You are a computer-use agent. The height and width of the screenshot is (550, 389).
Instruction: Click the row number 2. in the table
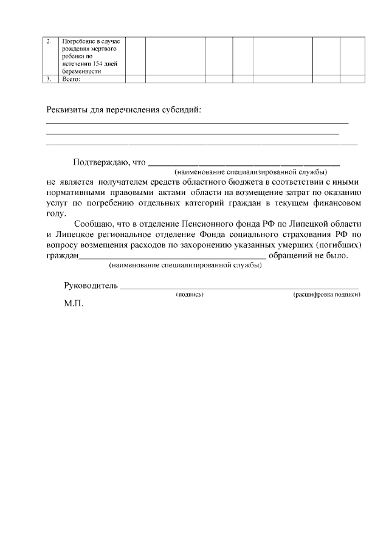tap(49, 41)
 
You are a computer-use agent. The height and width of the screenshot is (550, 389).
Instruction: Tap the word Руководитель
tap(91, 286)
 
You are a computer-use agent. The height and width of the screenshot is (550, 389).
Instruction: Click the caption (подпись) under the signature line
tap(189, 295)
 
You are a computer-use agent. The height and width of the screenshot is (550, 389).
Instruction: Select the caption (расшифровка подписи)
tap(326, 295)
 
